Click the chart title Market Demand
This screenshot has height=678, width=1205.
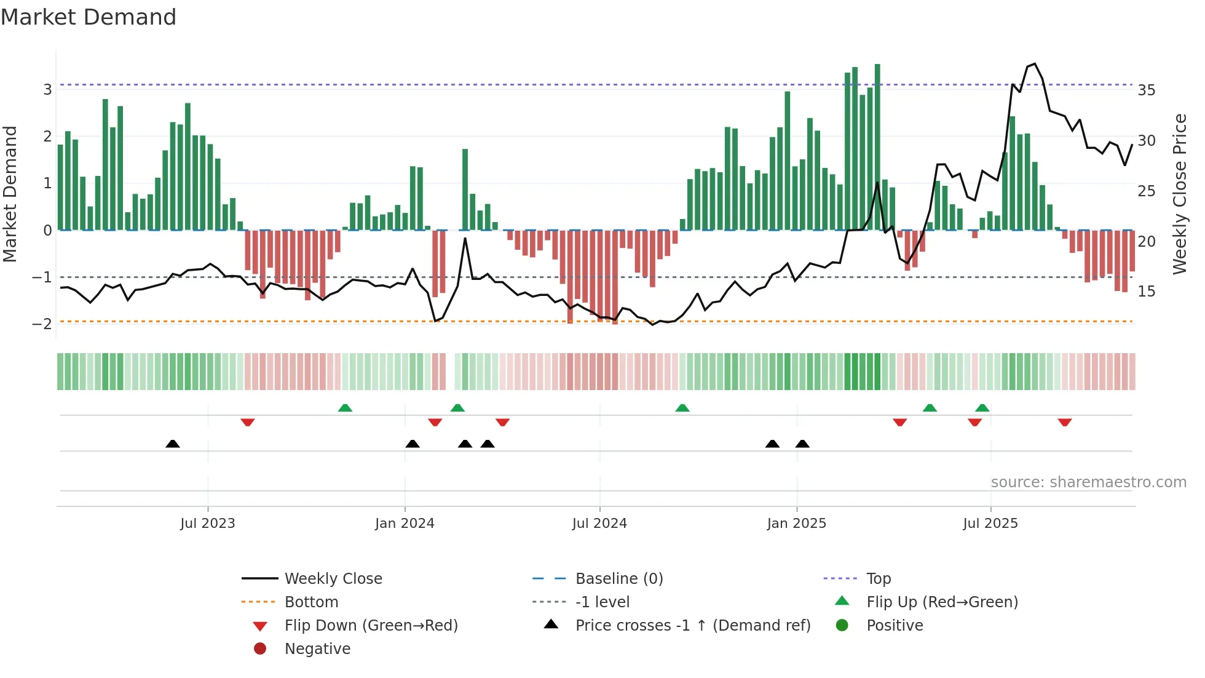pyautogui.click(x=89, y=17)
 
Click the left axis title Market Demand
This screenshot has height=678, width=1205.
pyautogui.click(x=10, y=194)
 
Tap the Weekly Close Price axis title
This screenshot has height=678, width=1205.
pyautogui.click(x=1179, y=194)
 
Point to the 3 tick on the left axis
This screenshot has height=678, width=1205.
pyautogui.click(x=47, y=90)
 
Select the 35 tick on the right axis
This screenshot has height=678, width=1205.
pyautogui.click(x=1146, y=90)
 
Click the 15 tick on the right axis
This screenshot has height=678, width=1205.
pyautogui.click(x=1146, y=292)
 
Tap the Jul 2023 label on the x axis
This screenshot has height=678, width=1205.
pyautogui.click(x=208, y=524)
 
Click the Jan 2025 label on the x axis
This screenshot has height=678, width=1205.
pyautogui.click(x=796, y=524)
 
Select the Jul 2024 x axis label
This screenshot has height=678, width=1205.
pyautogui.click(x=599, y=524)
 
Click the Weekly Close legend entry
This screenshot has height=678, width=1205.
pyautogui.click(x=333, y=579)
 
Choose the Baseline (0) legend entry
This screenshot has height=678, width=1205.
pyautogui.click(x=618, y=579)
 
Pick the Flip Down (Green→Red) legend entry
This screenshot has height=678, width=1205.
pyautogui.click(x=371, y=626)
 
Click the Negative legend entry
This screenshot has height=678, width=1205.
pyautogui.click(x=317, y=649)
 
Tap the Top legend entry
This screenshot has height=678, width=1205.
pyautogui.click(x=878, y=579)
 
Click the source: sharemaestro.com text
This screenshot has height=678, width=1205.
pyautogui.click(x=1088, y=482)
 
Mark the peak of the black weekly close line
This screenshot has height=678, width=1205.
pyautogui.click(x=1035, y=64)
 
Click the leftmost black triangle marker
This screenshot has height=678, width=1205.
pyautogui.click(x=173, y=444)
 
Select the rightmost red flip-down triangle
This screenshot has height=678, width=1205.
pyautogui.click(x=1065, y=422)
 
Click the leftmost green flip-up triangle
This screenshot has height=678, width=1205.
pyautogui.click(x=345, y=408)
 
